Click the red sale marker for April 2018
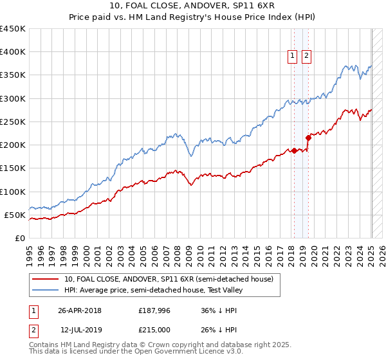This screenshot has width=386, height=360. point(294,150)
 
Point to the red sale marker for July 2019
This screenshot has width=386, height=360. point(308,137)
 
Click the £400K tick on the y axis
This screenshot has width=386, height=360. point(13,52)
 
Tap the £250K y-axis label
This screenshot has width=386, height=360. point(13,122)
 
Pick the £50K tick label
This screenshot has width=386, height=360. point(15,215)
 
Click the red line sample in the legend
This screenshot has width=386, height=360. point(45,279)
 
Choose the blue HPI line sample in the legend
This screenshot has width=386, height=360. point(45,290)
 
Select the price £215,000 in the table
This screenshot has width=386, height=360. point(155,330)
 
